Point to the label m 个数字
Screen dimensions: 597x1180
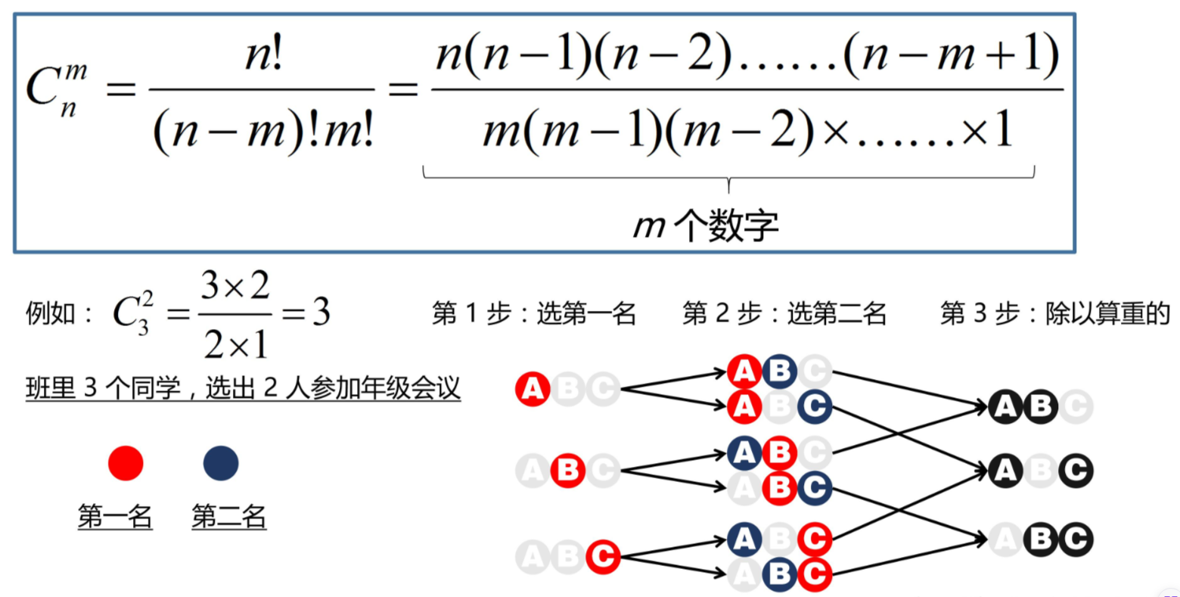click(705, 225)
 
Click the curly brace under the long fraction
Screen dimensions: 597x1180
click(728, 179)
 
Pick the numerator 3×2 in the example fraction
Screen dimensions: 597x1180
click(235, 287)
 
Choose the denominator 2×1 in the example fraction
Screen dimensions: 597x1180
click(235, 345)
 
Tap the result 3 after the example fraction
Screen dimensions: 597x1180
click(321, 312)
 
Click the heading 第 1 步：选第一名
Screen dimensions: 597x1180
click(534, 313)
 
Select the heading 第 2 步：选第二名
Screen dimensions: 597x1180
click(784, 313)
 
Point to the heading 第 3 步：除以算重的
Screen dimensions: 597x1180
click(1055, 313)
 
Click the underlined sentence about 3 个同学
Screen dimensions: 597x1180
click(243, 388)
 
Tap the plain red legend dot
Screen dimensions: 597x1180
click(126, 463)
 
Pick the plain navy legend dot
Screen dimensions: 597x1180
click(221, 463)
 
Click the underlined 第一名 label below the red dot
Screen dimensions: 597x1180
click(115, 517)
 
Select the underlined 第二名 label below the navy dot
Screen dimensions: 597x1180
click(229, 517)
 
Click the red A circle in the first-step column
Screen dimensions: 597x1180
click(533, 390)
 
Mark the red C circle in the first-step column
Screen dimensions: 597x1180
click(603, 557)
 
